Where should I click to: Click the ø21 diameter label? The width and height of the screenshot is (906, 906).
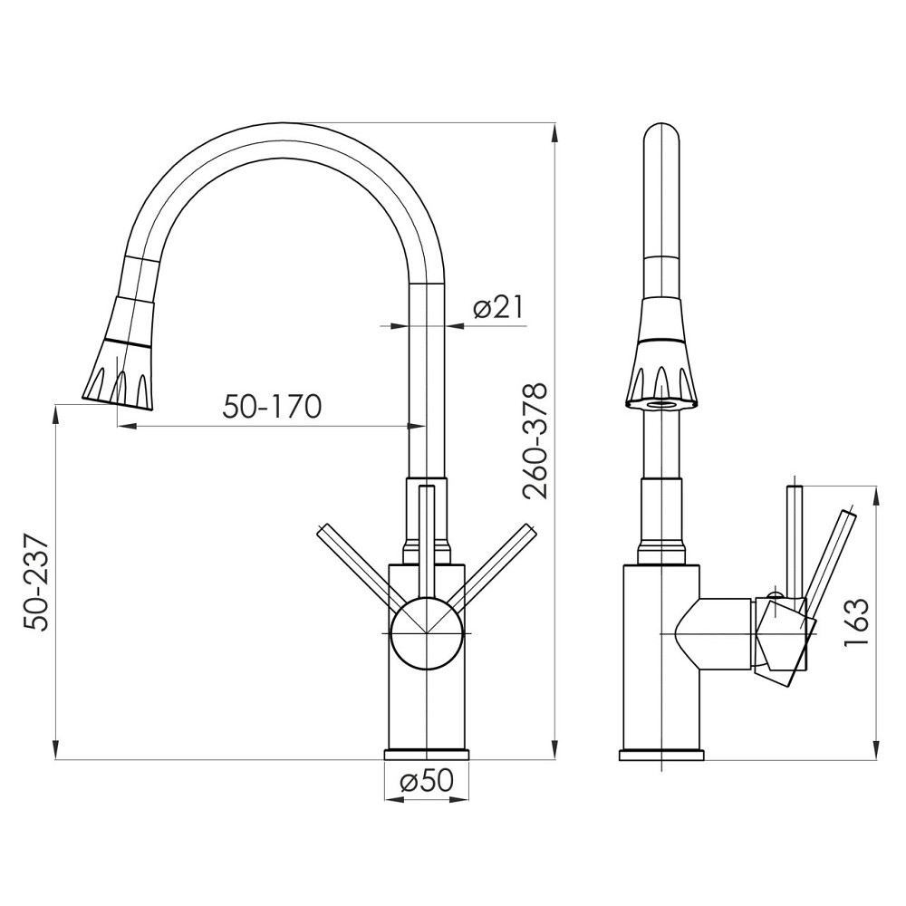click(498, 308)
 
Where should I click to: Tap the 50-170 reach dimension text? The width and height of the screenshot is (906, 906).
click(272, 407)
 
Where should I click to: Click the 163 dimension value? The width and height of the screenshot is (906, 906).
click(856, 622)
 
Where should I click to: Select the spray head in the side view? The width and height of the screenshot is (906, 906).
click(661, 362)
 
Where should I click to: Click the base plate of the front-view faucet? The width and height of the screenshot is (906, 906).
click(426, 755)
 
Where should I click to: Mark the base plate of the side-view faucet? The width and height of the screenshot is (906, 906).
click(661, 755)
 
